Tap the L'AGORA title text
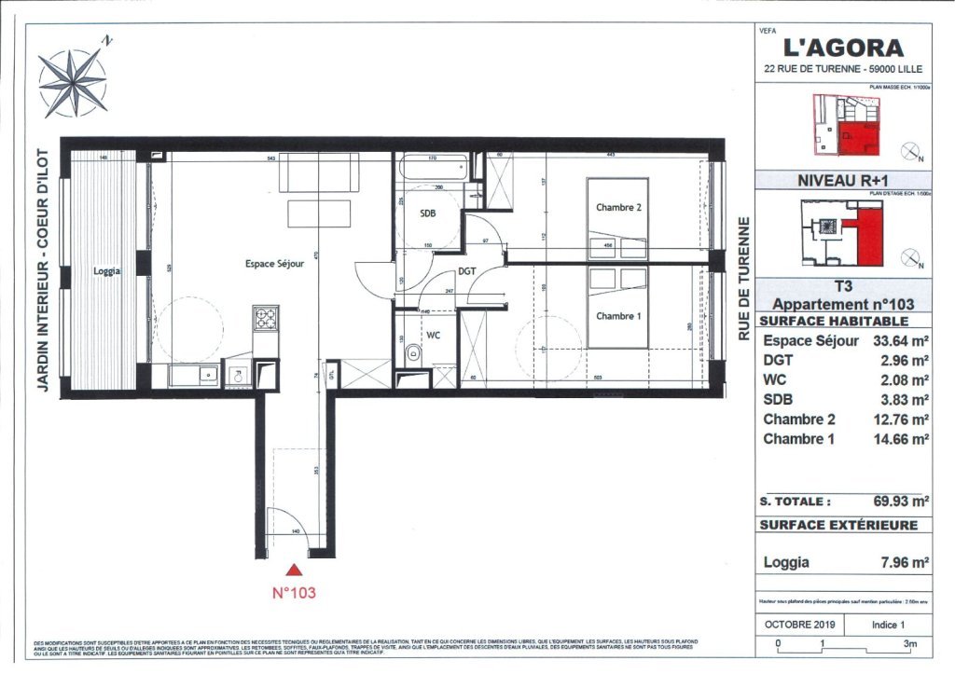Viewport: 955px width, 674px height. pyautogui.click(x=842, y=48)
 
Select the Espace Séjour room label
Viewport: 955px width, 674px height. pyautogui.click(x=275, y=264)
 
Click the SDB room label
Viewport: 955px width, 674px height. pyautogui.click(x=428, y=213)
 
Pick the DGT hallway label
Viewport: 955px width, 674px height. pyautogui.click(x=467, y=272)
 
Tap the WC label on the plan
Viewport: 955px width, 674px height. pyautogui.click(x=433, y=333)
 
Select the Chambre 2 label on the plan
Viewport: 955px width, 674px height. pyautogui.click(x=618, y=208)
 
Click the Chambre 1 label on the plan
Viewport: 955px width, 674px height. pyautogui.click(x=618, y=316)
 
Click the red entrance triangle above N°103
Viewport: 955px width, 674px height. pyautogui.click(x=295, y=570)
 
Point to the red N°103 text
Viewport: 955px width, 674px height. pyautogui.click(x=295, y=591)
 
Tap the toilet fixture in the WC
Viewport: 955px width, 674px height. pyautogui.click(x=411, y=352)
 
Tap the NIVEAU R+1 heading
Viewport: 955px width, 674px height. pyautogui.click(x=842, y=181)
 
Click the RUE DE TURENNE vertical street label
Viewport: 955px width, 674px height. pyautogui.click(x=743, y=279)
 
